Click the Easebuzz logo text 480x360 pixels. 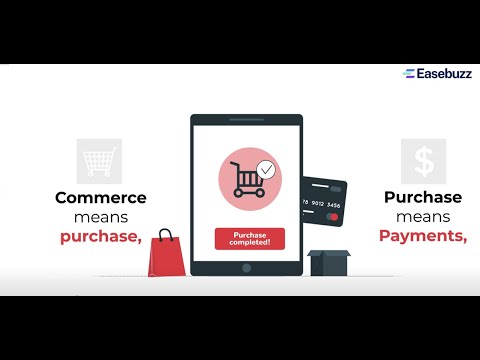coord(443,73)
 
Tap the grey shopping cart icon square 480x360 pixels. coord(99,161)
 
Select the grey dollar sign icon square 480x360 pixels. coord(424,161)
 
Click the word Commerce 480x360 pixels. coord(100,197)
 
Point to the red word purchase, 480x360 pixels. coord(100,236)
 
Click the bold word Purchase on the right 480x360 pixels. coord(423,197)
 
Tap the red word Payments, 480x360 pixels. coord(423,236)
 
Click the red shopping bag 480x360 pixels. coord(164,256)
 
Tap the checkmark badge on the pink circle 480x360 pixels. coord(264,169)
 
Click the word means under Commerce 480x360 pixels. coord(100,216)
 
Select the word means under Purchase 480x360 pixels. coord(423,216)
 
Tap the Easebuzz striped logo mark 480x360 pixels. coord(409,73)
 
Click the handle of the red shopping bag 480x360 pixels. coord(165,236)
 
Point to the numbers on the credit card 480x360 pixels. coord(321,205)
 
